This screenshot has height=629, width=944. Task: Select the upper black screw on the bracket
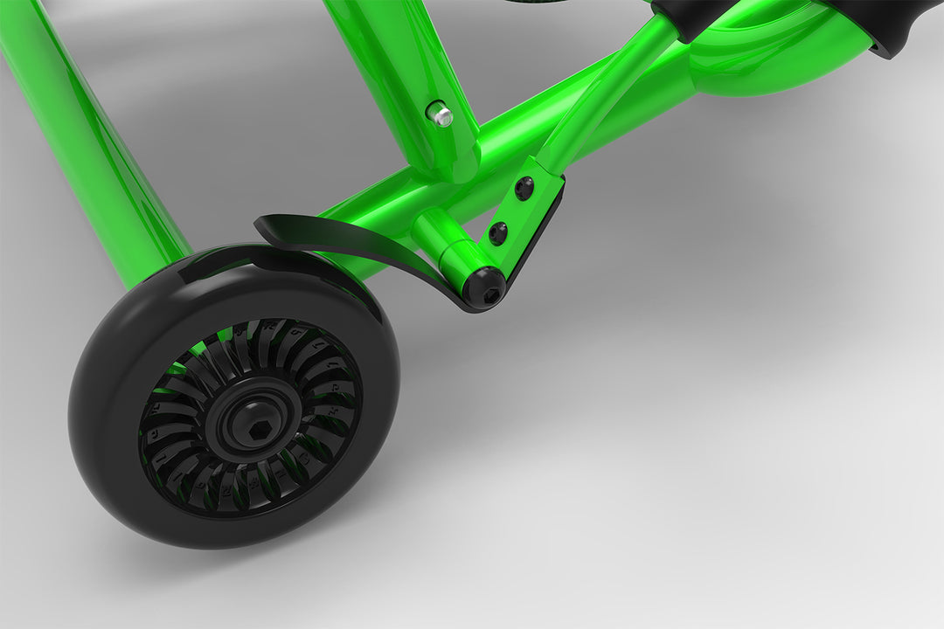pyautogui.click(x=524, y=188)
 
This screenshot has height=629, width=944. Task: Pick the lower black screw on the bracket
pyautogui.click(x=497, y=232)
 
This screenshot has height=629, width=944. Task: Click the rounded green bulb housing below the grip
pyautogui.click(x=769, y=61)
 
